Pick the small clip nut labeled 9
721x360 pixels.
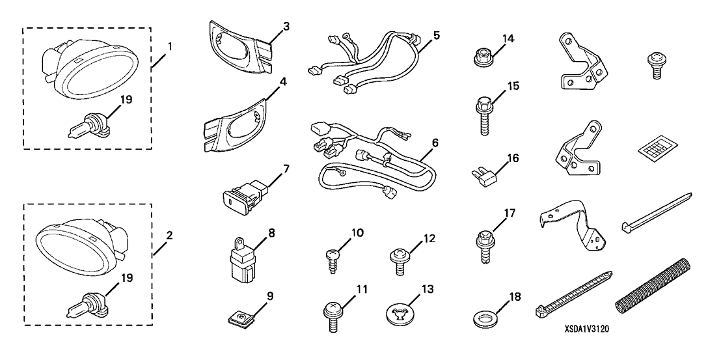pos(241,318)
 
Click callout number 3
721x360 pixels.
pos(268,26)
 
